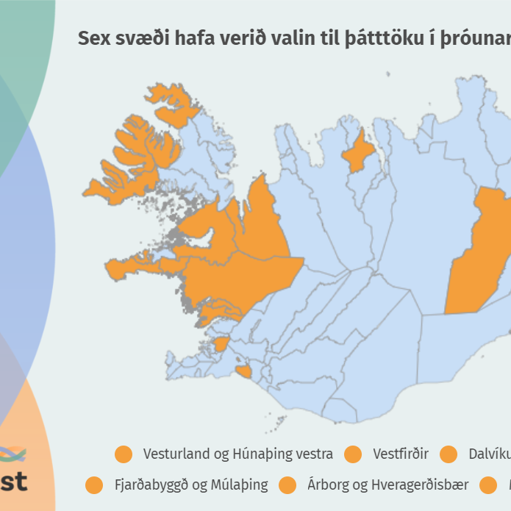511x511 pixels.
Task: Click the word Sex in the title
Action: (x=93, y=39)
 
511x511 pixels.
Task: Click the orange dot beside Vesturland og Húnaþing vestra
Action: (x=124, y=454)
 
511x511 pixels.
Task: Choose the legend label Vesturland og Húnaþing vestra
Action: (x=237, y=454)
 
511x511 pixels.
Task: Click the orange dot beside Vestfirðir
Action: (x=354, y=454)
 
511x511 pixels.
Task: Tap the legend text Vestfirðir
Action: (x=400, y=454)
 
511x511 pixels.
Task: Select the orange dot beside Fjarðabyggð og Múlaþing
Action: (x=94, y=485)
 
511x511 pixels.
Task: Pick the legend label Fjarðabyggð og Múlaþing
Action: (x=190, y=485)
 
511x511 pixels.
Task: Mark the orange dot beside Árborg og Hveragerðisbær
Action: (x=287, y=485)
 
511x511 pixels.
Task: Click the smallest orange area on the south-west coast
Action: (x=243, y=372)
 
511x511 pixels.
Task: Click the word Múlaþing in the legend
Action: (x=240, y=485)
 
